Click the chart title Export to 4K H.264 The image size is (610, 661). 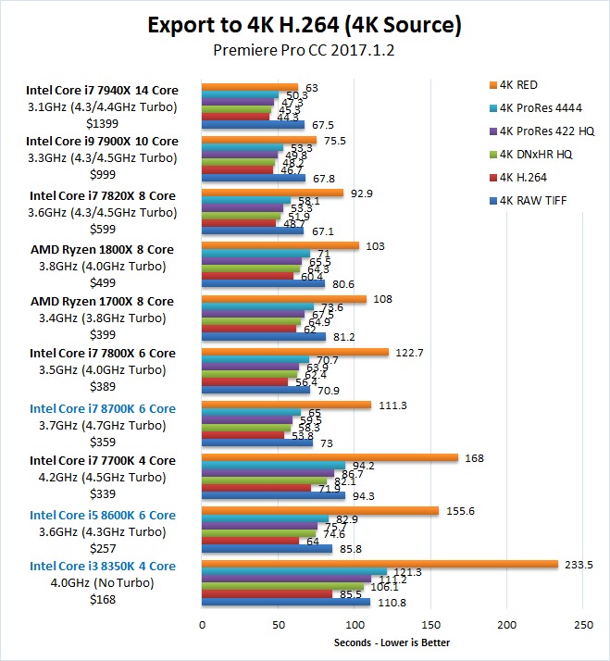coord(305,24)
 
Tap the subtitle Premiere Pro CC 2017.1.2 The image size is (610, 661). coord(305,50)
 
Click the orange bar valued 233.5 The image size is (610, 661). coord(380,564)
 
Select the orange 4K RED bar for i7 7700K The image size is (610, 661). coord(330,456)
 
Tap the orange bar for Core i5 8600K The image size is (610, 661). coord(320,510)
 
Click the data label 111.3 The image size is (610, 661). coord(390,405)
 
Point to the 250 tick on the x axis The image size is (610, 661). coord(583,624)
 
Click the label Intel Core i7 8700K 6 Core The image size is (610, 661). coord(102,408)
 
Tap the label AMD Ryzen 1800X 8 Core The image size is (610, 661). coord(102,249)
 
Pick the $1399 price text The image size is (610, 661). coord(102,123)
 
